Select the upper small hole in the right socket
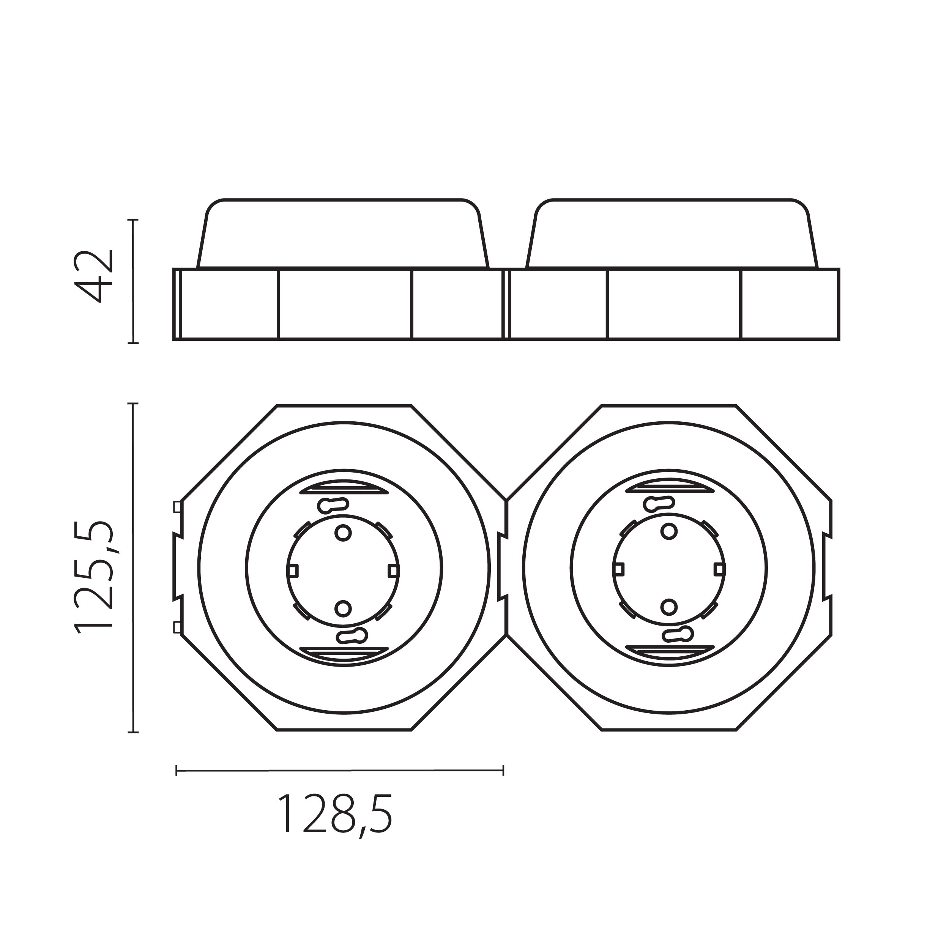coord(668,531)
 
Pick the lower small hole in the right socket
coord(668,607)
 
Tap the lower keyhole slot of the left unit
coord(352,636)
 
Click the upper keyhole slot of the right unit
coord(658,503)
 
